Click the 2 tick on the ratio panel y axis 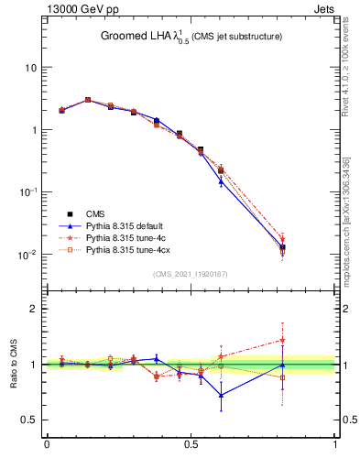click(33, 309)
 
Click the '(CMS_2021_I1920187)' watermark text click(191, 273)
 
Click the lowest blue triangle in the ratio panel click(221, 395)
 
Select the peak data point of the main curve click(88, 100)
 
